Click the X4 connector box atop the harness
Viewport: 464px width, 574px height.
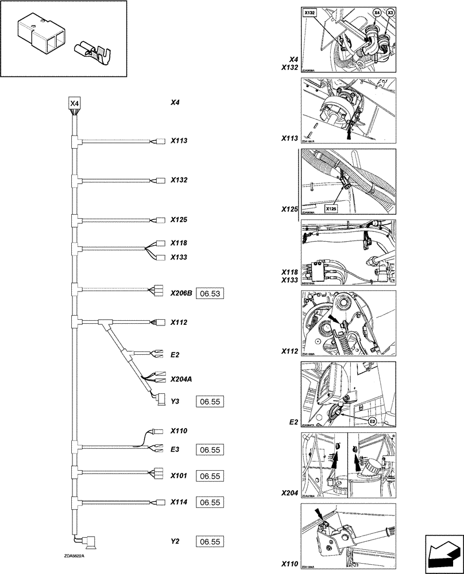(x=75, y=103)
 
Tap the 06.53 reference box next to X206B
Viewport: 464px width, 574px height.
(x=209, y=294)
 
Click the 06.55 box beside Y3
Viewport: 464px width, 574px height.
(x=210, y=401)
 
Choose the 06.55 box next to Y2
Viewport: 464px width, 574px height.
(x=210, y=541)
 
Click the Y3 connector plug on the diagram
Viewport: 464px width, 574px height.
(x=160, y=400)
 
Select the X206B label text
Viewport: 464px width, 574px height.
(x=181, y=292)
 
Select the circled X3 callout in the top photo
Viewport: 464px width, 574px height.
(x=390, y=12)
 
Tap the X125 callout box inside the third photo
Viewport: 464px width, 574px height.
(x=331, y=209)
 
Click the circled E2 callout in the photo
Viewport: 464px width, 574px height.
(x=372, y=421)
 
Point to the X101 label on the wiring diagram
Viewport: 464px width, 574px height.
(x=179, y=475)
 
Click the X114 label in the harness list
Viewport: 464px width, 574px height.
(x=179, y=501)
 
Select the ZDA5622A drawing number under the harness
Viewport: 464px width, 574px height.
(x=75, y=556)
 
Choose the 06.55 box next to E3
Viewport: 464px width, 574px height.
(x=210, y=451)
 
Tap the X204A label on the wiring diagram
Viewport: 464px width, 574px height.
(x=181, y=379)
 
